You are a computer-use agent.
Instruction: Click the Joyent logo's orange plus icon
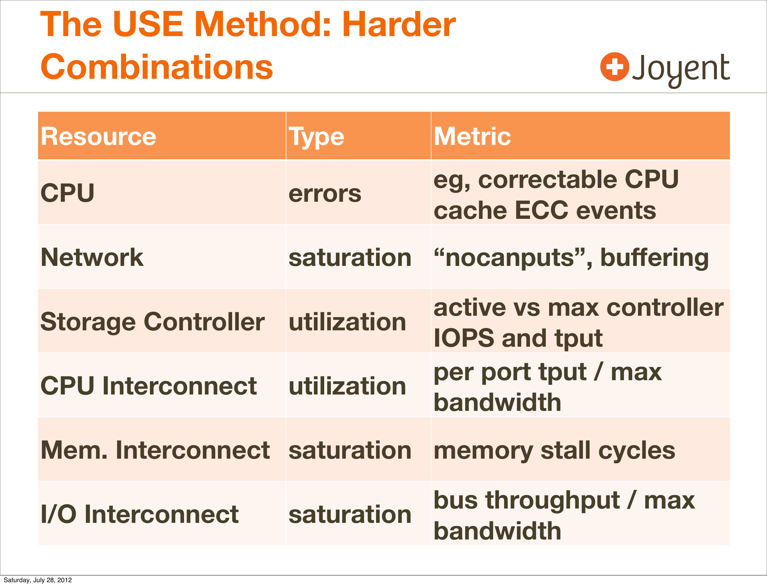click(615, 67)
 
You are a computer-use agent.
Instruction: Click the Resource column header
click(98, 136)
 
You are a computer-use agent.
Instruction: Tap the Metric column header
click(472, 136)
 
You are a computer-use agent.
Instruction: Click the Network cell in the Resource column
click(92, 257)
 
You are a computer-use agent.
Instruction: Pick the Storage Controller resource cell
click(152, 322)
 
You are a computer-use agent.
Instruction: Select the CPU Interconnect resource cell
click(149, 386)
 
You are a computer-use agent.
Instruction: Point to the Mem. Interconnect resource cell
click(155, 450)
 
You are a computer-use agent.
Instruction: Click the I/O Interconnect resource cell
click(140, 514)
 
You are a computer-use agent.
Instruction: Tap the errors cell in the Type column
click(325, 194)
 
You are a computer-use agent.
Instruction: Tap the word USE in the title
click(148, 25)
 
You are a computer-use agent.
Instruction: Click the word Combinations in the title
click(157, 67)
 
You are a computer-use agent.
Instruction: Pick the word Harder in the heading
click(399, 25)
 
